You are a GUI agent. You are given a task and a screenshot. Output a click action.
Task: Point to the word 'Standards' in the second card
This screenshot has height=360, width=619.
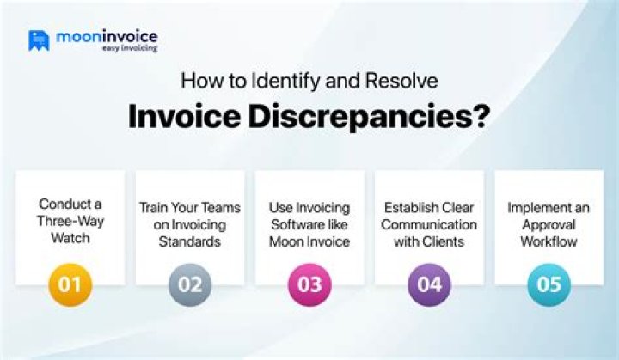click(190, 242)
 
